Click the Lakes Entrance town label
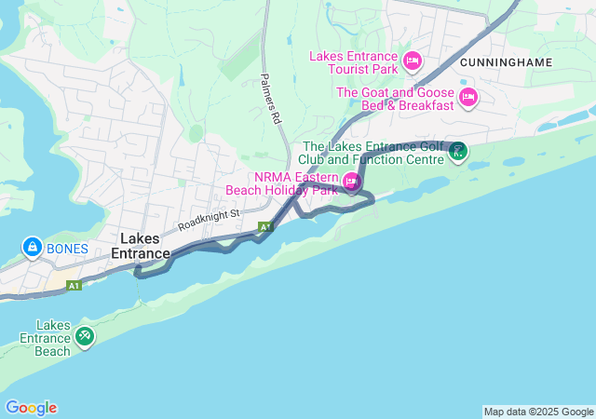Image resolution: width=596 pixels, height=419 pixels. coord(141,246)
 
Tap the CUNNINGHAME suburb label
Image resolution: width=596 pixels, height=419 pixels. coord(506,62)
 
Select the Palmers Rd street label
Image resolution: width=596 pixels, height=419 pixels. coord(270,100)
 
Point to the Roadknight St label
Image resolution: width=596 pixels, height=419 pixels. coord(210,220)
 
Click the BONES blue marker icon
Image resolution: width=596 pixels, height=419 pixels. coord(32,249)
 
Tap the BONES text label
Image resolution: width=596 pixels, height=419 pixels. coord(67,249)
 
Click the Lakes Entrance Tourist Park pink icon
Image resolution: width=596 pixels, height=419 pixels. coord(413,62)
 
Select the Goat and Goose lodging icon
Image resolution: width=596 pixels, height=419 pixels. coord(467,97)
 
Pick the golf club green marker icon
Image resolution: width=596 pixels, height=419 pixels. coord(457,151)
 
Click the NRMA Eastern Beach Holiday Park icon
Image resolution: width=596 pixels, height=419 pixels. coord(351,182)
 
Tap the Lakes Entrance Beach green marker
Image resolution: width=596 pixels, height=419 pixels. coord(85,335)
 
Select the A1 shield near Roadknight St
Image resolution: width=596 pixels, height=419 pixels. coord(265,226)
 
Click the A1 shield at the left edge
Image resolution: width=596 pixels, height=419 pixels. coord(74,285)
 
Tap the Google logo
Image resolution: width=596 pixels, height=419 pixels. coord(31,408)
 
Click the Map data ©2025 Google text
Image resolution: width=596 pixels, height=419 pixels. coord(537,412)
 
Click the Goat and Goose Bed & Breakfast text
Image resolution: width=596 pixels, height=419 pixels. coord(395,99)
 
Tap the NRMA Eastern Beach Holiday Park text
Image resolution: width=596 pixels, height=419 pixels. coord(282,183)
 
